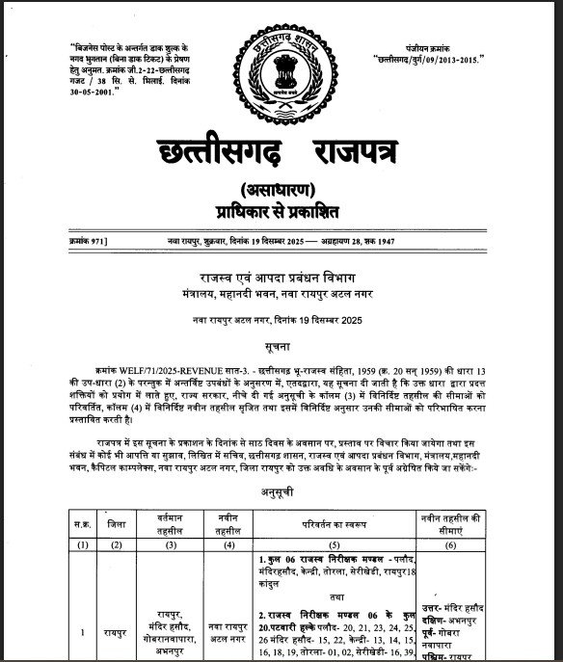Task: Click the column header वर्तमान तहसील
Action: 174,526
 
